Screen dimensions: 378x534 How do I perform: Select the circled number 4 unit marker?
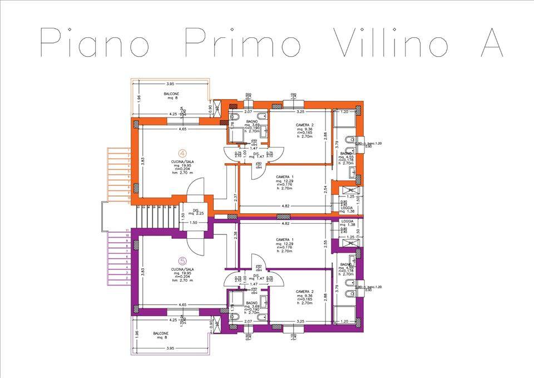click(182, 153)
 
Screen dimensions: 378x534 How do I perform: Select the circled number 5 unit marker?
click(182, 260)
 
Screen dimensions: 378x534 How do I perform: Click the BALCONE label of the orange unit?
click(171, 94)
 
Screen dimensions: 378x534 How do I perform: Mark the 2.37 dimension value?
click(236, 196)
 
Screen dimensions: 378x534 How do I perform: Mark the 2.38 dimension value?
click(236, 235)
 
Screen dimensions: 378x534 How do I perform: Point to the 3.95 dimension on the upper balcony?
click(171, 84)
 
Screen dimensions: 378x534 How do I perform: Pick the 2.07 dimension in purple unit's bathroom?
click(249, 322)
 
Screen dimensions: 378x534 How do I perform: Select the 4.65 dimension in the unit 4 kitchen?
click(182, 129)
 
